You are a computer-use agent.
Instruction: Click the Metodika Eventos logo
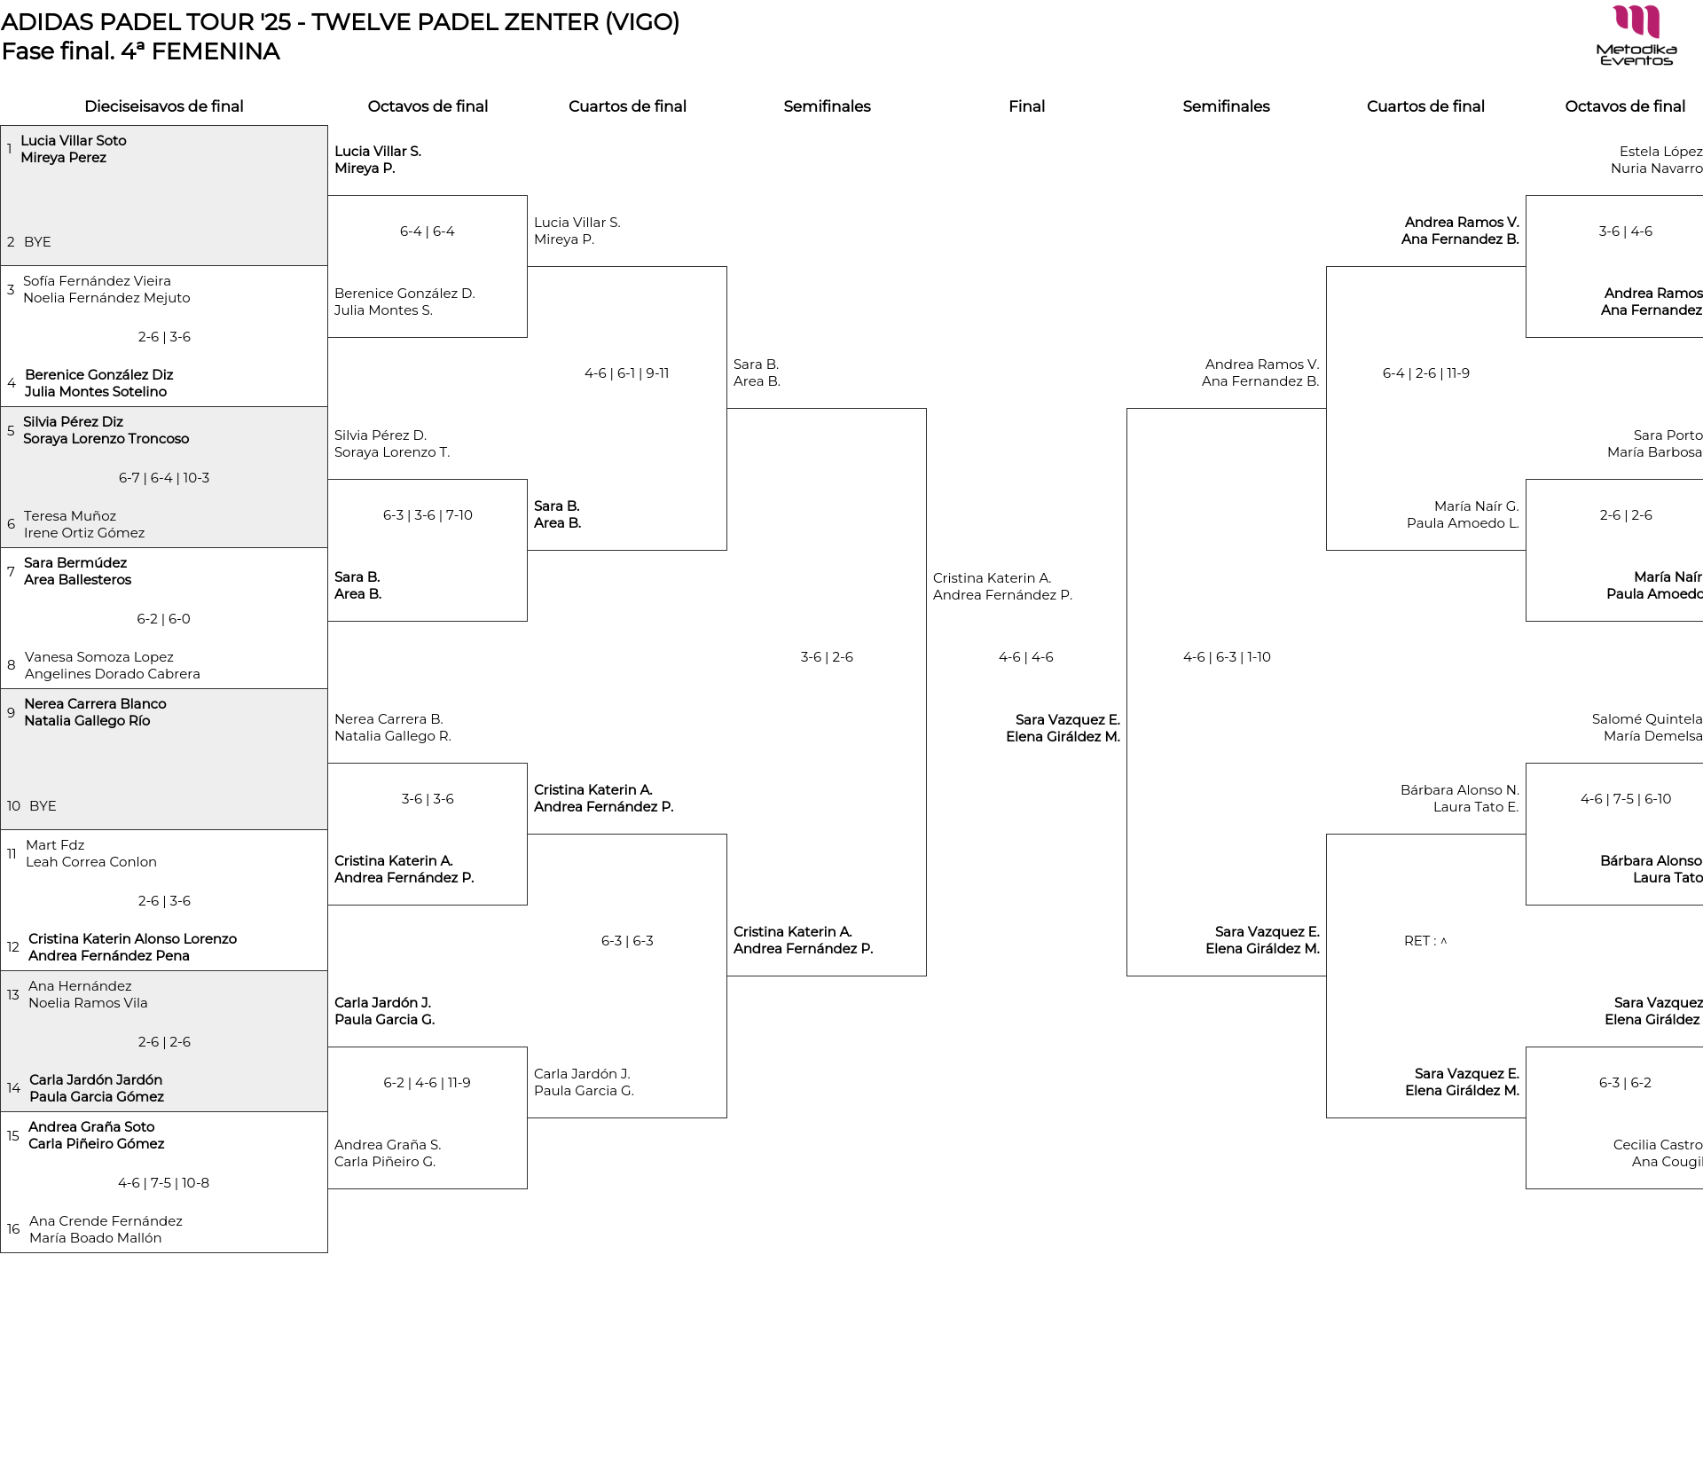click(x=1636, y=35)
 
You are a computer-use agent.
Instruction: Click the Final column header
click(x=1026, y=106)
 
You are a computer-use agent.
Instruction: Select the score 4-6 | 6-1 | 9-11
click(x=627, y=373)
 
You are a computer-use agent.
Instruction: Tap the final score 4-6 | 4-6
click(x=1026, y=657)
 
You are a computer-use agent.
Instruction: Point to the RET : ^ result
click(x=1425, y=941)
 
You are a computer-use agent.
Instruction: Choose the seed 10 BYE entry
click(x=32, y=806)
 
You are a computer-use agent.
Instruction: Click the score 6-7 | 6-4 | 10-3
click(x=164, y=478)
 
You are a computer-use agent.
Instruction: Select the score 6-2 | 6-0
click(x=164, y=619)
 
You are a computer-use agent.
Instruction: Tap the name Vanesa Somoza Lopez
click(x=99, y=657)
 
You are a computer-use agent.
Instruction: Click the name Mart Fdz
click(x=55, y=845)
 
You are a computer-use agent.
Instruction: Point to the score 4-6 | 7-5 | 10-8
click(x=164, y=1183)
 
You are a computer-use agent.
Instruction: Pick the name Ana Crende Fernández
click(x=106, y=1221)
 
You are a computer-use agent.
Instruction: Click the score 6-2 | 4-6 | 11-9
click(x=428, y=1083)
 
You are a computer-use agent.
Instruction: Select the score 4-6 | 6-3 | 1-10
click(x=1227, y=657)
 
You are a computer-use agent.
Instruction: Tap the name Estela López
click(x=1661, y=152)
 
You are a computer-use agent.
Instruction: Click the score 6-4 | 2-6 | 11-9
click(x=1426, y=373)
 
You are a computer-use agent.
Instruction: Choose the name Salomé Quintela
click(x=1647, y=719)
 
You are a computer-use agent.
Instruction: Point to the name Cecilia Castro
click(x=1658, y=1145)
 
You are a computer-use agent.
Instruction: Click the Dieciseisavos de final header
click(x=164, y=106)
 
